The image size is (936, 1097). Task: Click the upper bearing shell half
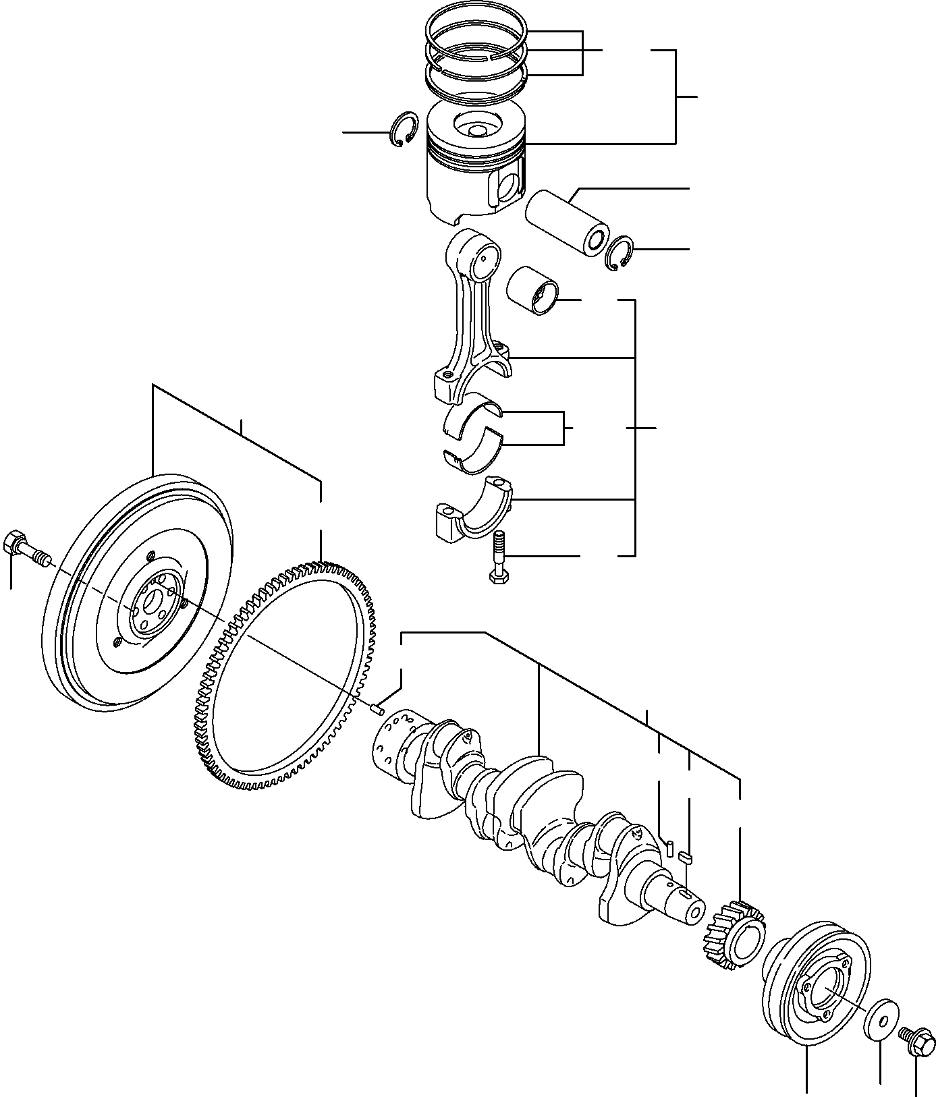click(473, 413)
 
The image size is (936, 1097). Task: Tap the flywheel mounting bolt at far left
click(26, 546)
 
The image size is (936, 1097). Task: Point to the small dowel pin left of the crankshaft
click(377, 708)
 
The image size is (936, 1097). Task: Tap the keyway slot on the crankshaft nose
click(685, 895)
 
